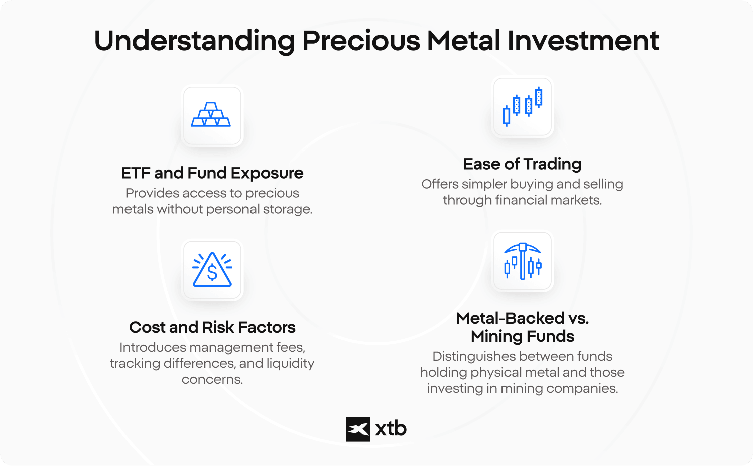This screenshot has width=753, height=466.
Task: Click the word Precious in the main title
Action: pos(361,41)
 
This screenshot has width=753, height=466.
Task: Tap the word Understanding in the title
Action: pos(195,41)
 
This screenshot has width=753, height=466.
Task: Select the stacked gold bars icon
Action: pos(211,114)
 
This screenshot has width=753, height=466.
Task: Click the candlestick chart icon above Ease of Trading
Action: pos(523,106)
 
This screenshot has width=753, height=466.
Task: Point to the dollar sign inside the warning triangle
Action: pos(212,272)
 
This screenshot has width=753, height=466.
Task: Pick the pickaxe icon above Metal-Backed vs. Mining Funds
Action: pos(523,261)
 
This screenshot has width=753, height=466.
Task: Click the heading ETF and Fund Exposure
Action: pos(212,173)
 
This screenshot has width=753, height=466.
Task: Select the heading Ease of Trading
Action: pos(523,164)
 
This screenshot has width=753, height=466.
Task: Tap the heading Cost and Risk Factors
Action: pos(212,327)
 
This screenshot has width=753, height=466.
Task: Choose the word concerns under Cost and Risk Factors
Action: pos(212,379)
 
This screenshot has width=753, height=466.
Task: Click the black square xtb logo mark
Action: pos(358,429)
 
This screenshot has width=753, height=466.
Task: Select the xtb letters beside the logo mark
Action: pos(391,428)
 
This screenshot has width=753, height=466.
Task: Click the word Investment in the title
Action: pos(583,41)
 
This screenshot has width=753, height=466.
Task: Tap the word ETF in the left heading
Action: pos(136,173)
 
